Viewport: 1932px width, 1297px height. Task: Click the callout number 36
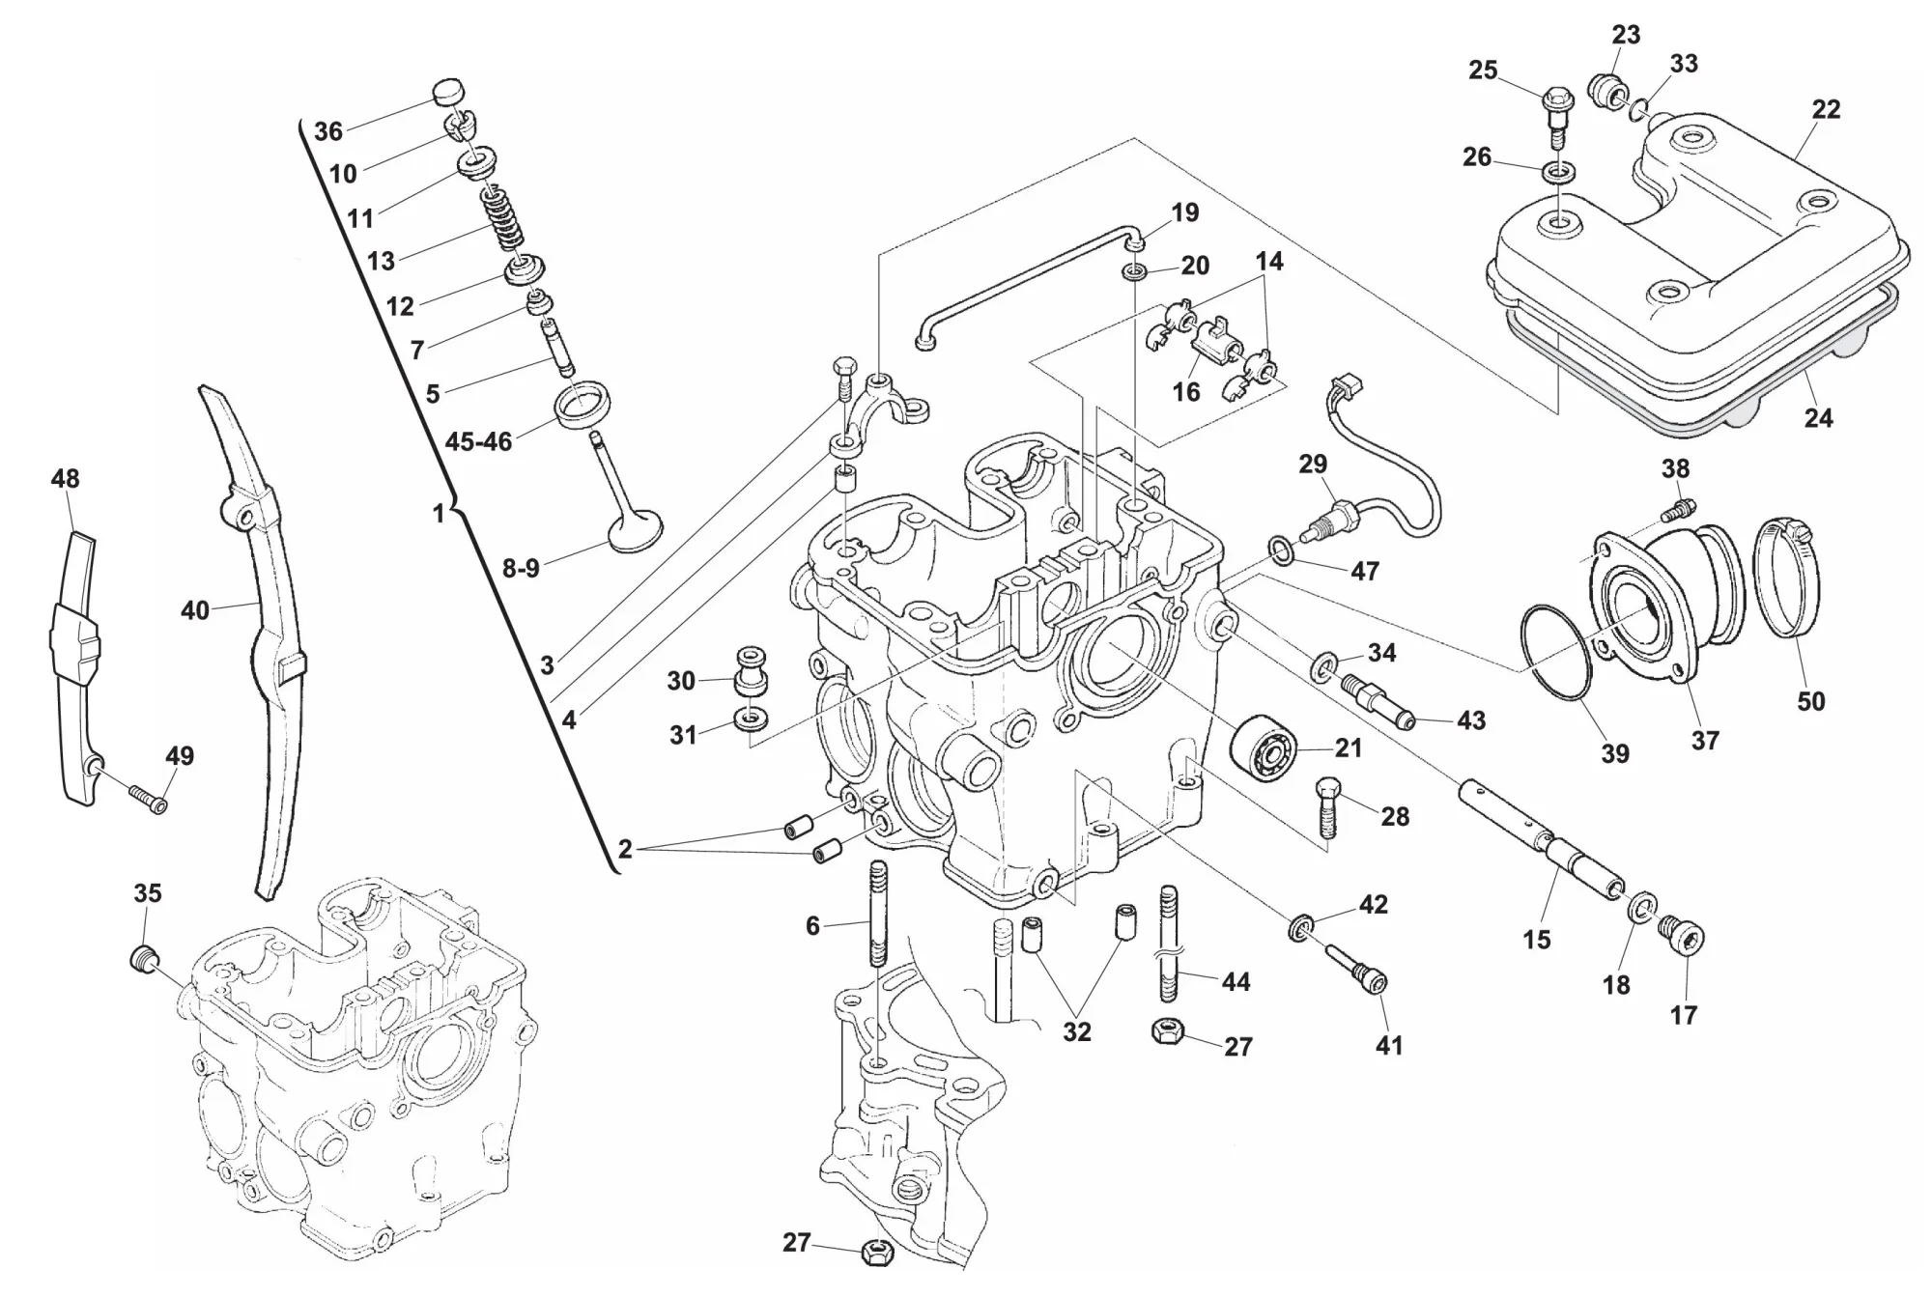pos(328,131)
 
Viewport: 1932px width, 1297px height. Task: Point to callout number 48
pos(66,479)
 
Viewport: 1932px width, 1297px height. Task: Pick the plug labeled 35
pos(144,959)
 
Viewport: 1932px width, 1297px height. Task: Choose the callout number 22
pos(1826,109)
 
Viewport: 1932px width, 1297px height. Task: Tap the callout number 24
pos(1819,418)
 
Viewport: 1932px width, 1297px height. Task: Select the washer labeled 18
pos(1640,909)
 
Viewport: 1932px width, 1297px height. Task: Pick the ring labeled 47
pos(1280,550)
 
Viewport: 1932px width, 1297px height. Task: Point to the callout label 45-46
pos(478,441)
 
